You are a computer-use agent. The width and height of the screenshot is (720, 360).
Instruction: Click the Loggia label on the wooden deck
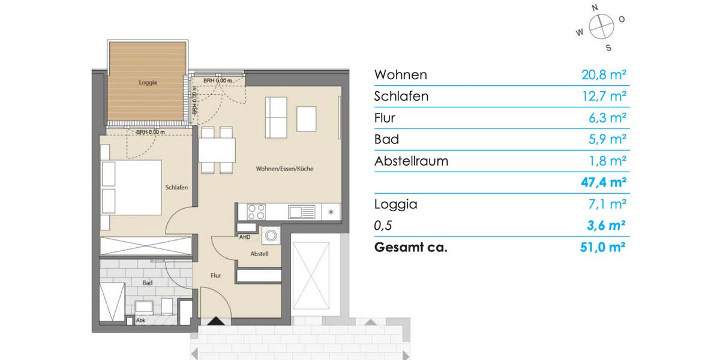pyautogui.click(x=147, y=83)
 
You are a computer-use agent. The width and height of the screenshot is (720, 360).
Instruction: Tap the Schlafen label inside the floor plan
pyautogui.click(x=177, y=187)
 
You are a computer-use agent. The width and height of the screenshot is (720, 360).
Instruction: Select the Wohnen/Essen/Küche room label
pyautogui.click(x=284, y=169)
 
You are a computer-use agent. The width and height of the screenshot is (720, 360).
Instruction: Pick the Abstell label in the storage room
pyautogui.click(x=259, y=254)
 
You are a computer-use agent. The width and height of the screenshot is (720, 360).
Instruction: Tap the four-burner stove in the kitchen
pyautogui.click(x=257, y=212)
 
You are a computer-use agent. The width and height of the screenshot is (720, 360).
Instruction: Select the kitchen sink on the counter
pyautogui.click(x=301, y=212)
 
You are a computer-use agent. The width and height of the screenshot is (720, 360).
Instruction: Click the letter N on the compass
pyautogui.click(x=595, y=8)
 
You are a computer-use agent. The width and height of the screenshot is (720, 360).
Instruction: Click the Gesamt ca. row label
pyautogui.click(x=410, y=247)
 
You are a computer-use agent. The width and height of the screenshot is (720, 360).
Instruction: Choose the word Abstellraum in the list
pyautogui.click(x=411, y=161)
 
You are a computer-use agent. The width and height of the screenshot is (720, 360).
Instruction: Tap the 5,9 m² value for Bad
pyautogui.click(x=607, y=139)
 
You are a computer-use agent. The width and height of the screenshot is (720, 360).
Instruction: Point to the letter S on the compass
pyautogui.click(x=608, y=47)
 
